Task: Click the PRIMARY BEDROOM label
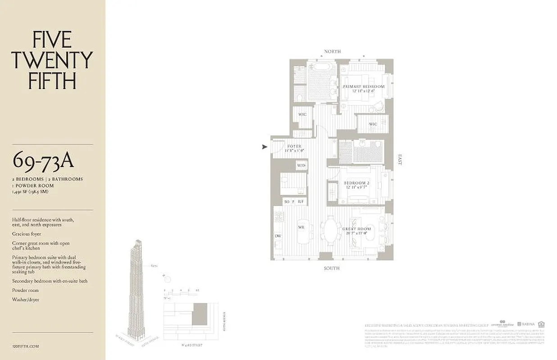(363, 86)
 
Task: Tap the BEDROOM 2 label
(356, 183)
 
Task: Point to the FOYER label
(294, 146)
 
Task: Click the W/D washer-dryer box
(301, 166)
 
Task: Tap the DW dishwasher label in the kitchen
(278, 236)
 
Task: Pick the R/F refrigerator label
(301, 202)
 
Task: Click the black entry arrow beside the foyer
(265, 146)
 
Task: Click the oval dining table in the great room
(331, 230)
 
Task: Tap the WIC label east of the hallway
(373, 124)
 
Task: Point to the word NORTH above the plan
(332, 51)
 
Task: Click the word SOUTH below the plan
(331, 268)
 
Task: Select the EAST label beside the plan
(399, 160)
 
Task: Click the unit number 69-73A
(43, 159)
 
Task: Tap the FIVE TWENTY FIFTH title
(52, 61)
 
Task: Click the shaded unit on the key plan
(199, 314)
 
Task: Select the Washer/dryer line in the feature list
(26, 300)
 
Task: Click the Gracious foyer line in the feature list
(27, 234)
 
